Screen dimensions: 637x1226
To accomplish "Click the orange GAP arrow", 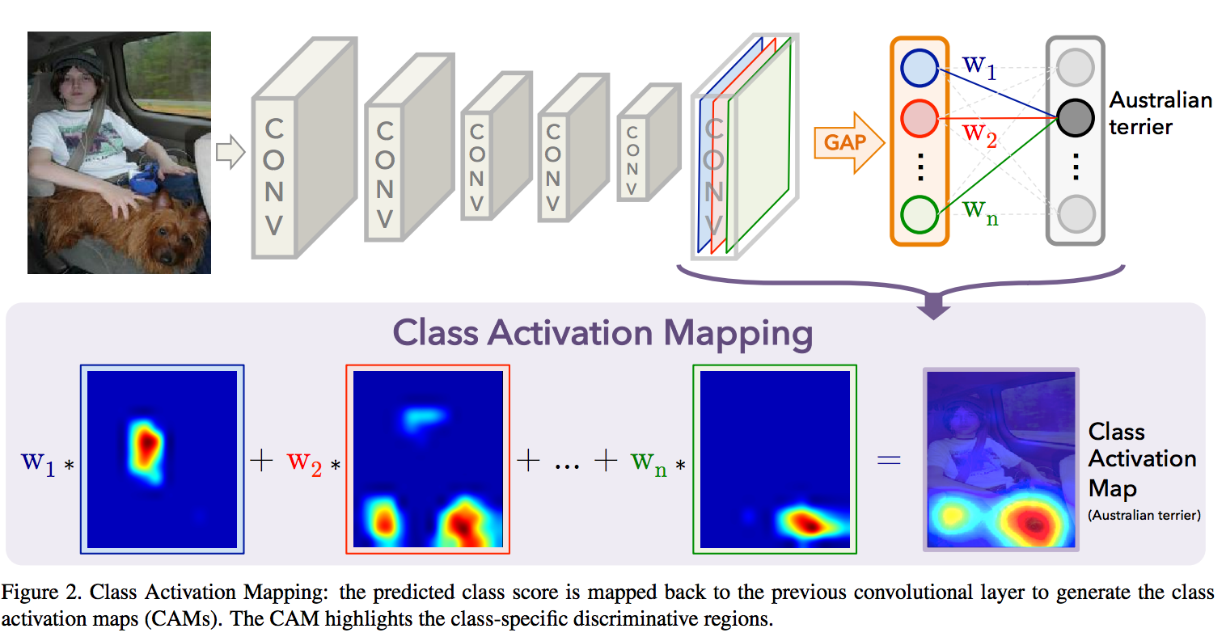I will (847, 143).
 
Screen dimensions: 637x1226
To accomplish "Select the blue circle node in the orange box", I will (919, 68).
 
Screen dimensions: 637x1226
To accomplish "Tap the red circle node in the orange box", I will (919, 119).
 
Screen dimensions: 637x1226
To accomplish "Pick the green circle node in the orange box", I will (919, 215).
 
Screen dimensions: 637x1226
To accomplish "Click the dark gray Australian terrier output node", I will (1075, 118).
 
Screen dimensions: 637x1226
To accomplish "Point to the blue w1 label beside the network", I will (979, 65).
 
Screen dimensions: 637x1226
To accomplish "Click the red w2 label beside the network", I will (979, 133).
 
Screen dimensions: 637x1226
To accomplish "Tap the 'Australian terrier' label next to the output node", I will (1160, 113).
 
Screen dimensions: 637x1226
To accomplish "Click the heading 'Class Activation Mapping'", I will (602, 333).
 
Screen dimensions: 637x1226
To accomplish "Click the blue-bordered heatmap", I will (162, 459).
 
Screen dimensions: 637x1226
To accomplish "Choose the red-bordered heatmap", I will (428, 459).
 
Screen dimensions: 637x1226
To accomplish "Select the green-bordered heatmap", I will (775, 459).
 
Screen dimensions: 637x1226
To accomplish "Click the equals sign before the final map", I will (889, 461).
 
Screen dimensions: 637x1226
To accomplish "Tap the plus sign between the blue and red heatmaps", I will (261, 461).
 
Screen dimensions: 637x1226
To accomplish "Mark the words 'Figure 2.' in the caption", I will (40, 593).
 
